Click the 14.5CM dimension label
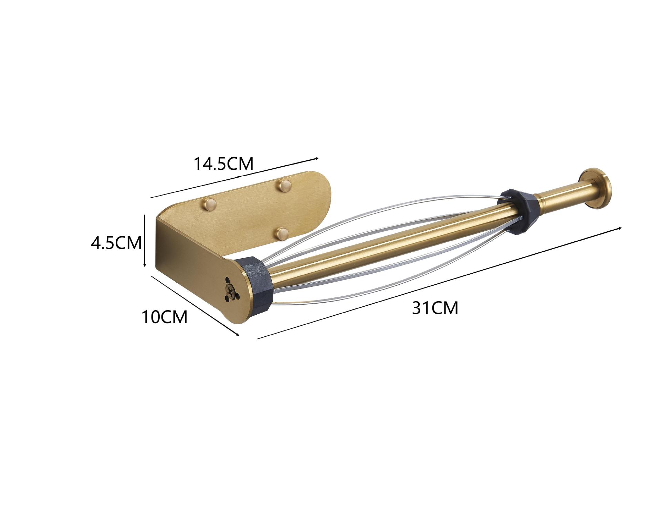coord(224,164)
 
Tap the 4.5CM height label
coord(116,243)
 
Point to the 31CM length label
coord(436,308)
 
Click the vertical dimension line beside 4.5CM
coord(145,241)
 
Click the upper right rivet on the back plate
coord(285,186)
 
